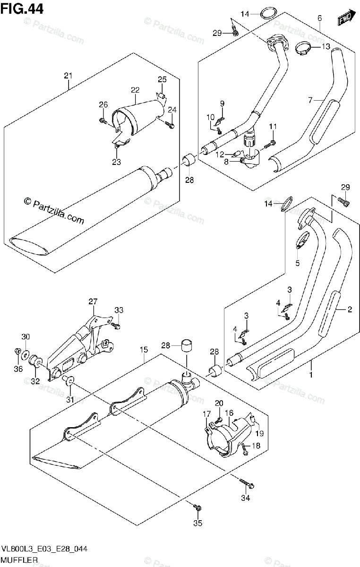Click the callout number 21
pos(69,76)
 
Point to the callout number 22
pos(135,90)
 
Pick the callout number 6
pos(320,18)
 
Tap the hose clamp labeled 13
pos(304,47)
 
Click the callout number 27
pos(92,301)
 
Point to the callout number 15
pos(144,350)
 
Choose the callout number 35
pos(198,523)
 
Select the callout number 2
pos(350,310)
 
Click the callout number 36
pos(17,369)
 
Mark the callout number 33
pos(119,310)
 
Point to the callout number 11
pos(273,126)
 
